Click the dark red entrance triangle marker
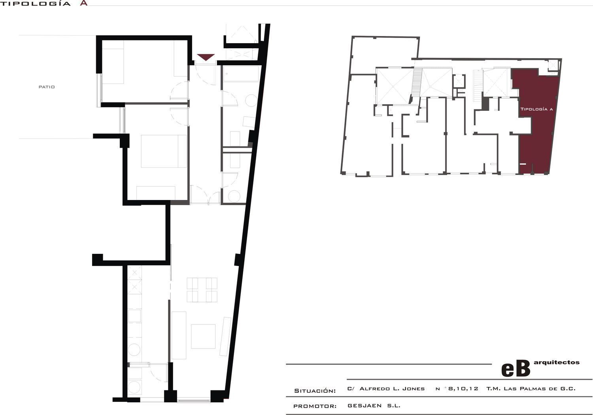[x=206, y=57]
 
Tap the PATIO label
[x=47, y=87]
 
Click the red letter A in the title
[x=84, y=3]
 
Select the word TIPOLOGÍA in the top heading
[x=36, y=4]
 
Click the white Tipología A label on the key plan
[x=536, y=109]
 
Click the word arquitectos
[x=557, y=362]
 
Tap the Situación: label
[x=315, y=391]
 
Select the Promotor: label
[x=315, y=406]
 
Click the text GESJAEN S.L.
[x=374, y=406]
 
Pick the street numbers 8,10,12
[x=463, y=389]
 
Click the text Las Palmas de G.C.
[x=540, y=389]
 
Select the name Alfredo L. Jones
[x=392, y=389]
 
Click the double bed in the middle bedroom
[x=164, y=151]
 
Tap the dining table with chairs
[x=202, y=290]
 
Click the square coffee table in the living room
[x=203, y=336]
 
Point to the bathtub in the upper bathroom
[x=241, y=73]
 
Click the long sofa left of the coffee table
[x=179, y=335]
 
